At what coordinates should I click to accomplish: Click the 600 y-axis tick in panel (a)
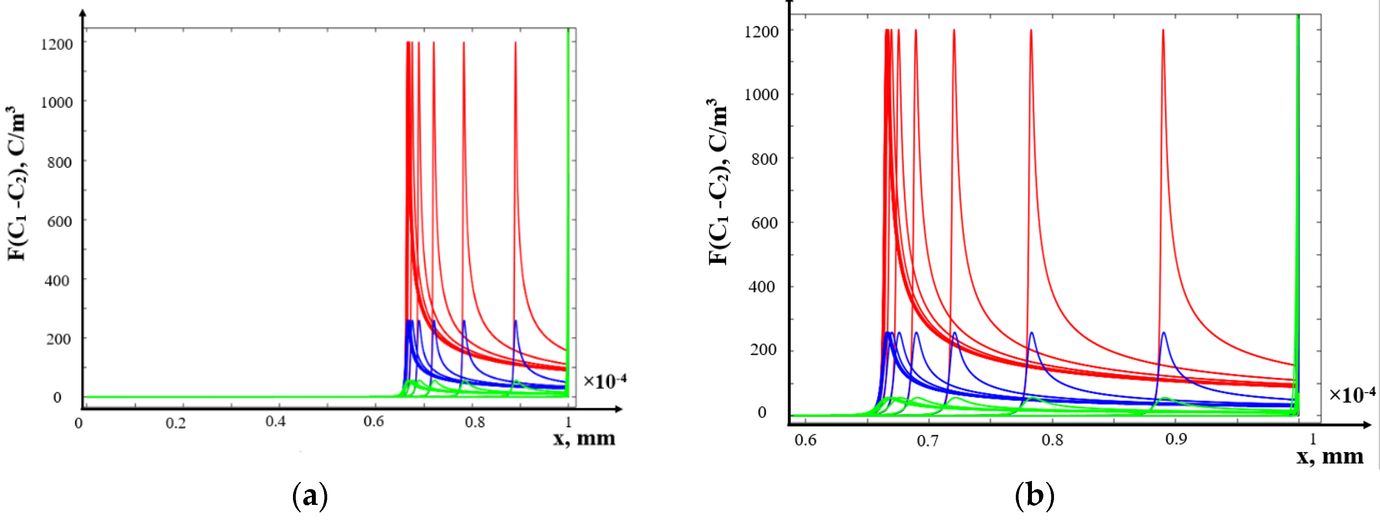(59, 221)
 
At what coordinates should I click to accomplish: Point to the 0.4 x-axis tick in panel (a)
(275, 422)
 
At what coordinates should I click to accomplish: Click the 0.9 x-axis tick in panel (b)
(1176, 439)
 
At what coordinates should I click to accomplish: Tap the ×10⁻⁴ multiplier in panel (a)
(604, 381)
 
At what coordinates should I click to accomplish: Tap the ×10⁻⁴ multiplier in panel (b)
(1352, 395)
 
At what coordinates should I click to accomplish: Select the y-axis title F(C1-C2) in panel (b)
(718, 182)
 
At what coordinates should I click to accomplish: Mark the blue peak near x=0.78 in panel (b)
(1031, 333)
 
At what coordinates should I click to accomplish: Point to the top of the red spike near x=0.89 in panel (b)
(1163, 31)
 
